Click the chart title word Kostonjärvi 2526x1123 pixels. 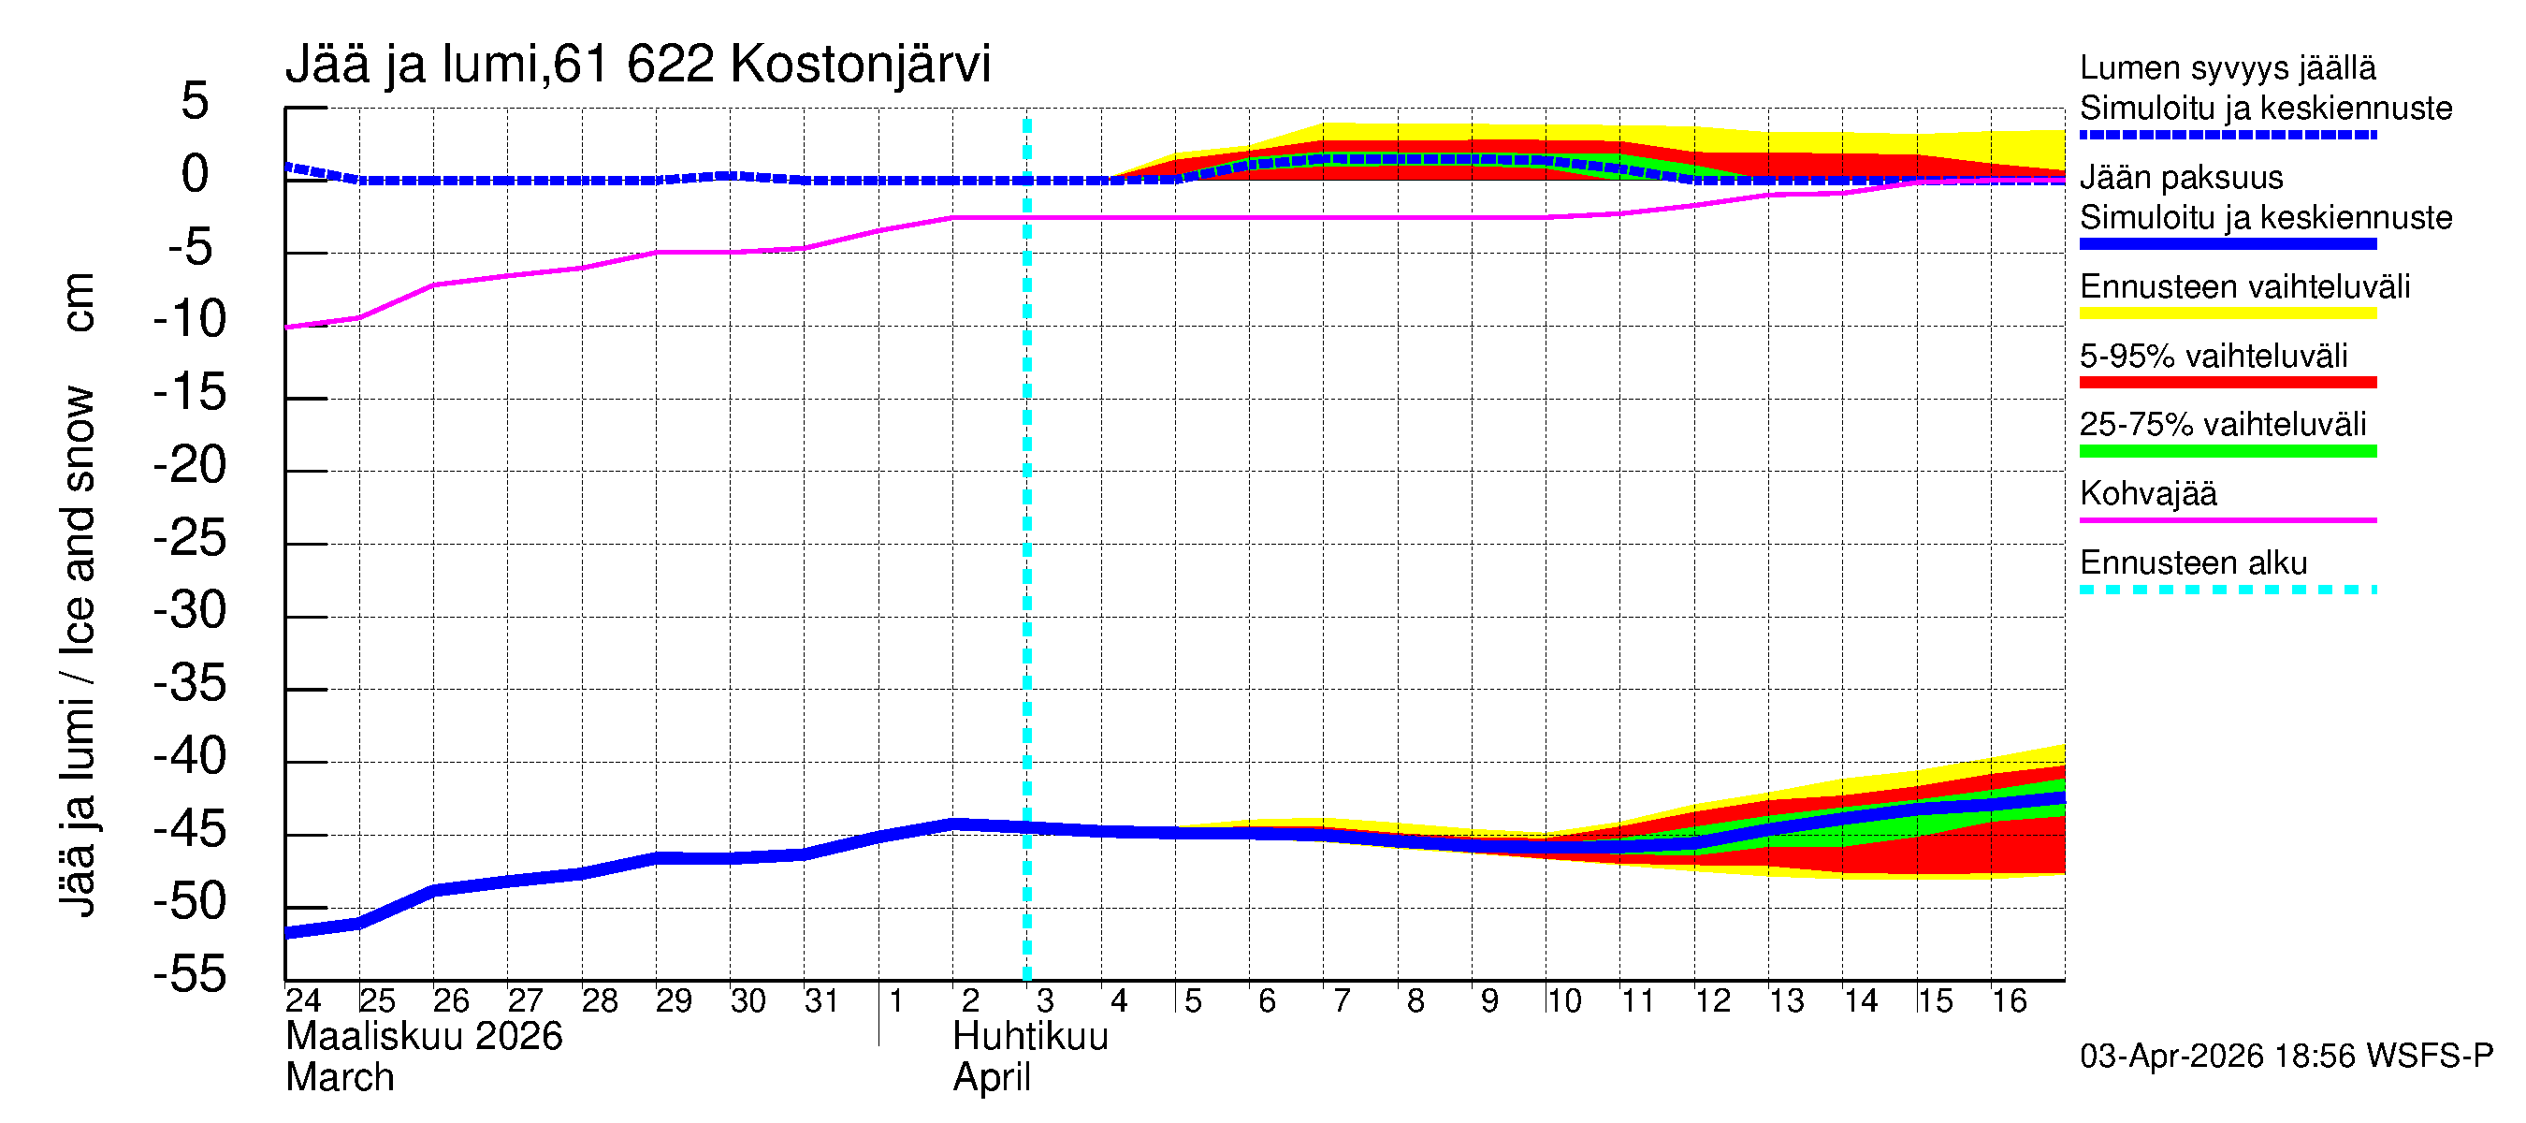(x=860, y=65)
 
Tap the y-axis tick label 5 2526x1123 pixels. (x=196, y=102)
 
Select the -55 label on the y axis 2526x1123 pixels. (x=190, y=976)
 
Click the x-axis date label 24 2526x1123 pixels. (x=303, y=1001)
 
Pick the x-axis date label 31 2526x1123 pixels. (x=821, y=1001)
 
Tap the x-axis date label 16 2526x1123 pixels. (x=2009, y=1001)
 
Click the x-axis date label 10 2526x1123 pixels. (x=1563, y=1001)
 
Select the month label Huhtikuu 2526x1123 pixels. (x=1030, y=1037)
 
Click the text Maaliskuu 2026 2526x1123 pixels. (x=424, y=1037)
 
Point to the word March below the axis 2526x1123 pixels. (x=340, y=1078)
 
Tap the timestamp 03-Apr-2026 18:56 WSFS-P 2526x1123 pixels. (x=2286, y=1057)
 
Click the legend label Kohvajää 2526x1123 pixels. (x=2147, y=494)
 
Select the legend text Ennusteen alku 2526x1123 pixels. (x=2193, y=564)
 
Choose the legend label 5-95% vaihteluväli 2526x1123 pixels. (x=2214, y=356)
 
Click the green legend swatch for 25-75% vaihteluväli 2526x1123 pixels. (x=2227, y=452)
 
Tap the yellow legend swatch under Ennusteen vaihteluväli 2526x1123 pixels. (x=2227, y=314)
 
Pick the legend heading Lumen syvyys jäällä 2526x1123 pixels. (x=2227, y=68)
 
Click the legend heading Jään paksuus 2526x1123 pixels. (x=2181, y=179)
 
